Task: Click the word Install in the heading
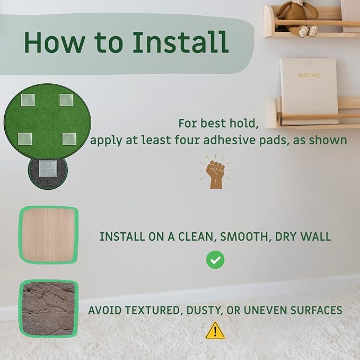180,42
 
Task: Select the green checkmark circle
215,260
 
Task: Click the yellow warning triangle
215,331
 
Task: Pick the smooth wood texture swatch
48,235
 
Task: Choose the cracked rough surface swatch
48,309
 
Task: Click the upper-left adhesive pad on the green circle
28,100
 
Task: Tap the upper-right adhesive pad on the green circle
66,100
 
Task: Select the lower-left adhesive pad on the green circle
25,139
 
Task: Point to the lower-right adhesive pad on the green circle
69,139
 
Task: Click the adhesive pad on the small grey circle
48,169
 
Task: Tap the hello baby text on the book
309,75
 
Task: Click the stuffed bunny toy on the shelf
297,17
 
